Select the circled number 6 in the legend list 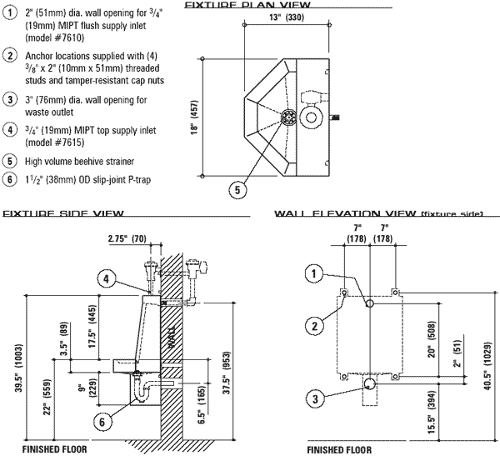click(x=9, y=178)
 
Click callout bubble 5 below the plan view click(x=237, y=190)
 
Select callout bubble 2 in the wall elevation click(x=315, y=325)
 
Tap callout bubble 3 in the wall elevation click(x=315, y=401)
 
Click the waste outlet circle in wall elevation click(x=369, y=383)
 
